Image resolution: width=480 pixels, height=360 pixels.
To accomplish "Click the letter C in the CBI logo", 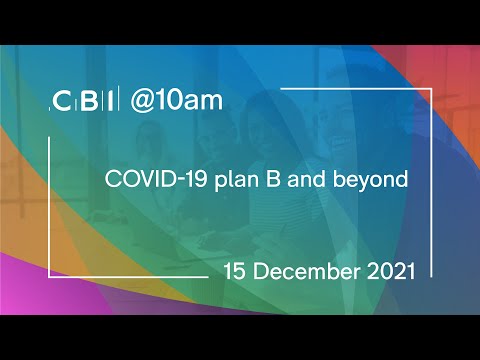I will (x=62, y=101).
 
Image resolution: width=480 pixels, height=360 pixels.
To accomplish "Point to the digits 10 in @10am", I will (x=169, y=101).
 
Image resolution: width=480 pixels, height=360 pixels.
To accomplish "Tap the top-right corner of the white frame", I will (x=431, y=87).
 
